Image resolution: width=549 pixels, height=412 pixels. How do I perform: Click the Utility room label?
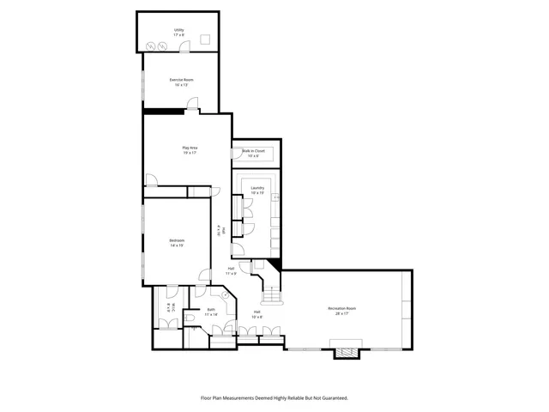pyautogui.click(x=179, y=30)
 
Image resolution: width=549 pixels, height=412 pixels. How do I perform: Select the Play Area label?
pyautogui.click(x=190, y=148)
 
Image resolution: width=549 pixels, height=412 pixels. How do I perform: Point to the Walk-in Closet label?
pyautogui.click(x=253, y=150)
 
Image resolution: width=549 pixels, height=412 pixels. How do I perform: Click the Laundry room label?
pyautogui.click(x=257, y=188)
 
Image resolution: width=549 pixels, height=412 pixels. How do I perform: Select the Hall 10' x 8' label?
pyautogui.click(x=256, y=312)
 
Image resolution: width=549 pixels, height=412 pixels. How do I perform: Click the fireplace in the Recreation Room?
pyautogui.click(x=347, y=351)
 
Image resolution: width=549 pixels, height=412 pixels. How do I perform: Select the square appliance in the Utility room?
pyautogui.click(x=206, y=39)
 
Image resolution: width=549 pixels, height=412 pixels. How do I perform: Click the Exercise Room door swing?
pyautogui.click(x=194, y=106)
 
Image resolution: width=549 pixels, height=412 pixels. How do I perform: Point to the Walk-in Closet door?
pyautogui.click(x=236, y=155)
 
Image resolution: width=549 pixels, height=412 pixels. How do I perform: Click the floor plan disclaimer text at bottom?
pyautogui.click(x=274, y=397)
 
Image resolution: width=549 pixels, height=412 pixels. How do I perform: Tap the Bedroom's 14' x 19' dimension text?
pyautogui.click(x=177, y=245)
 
